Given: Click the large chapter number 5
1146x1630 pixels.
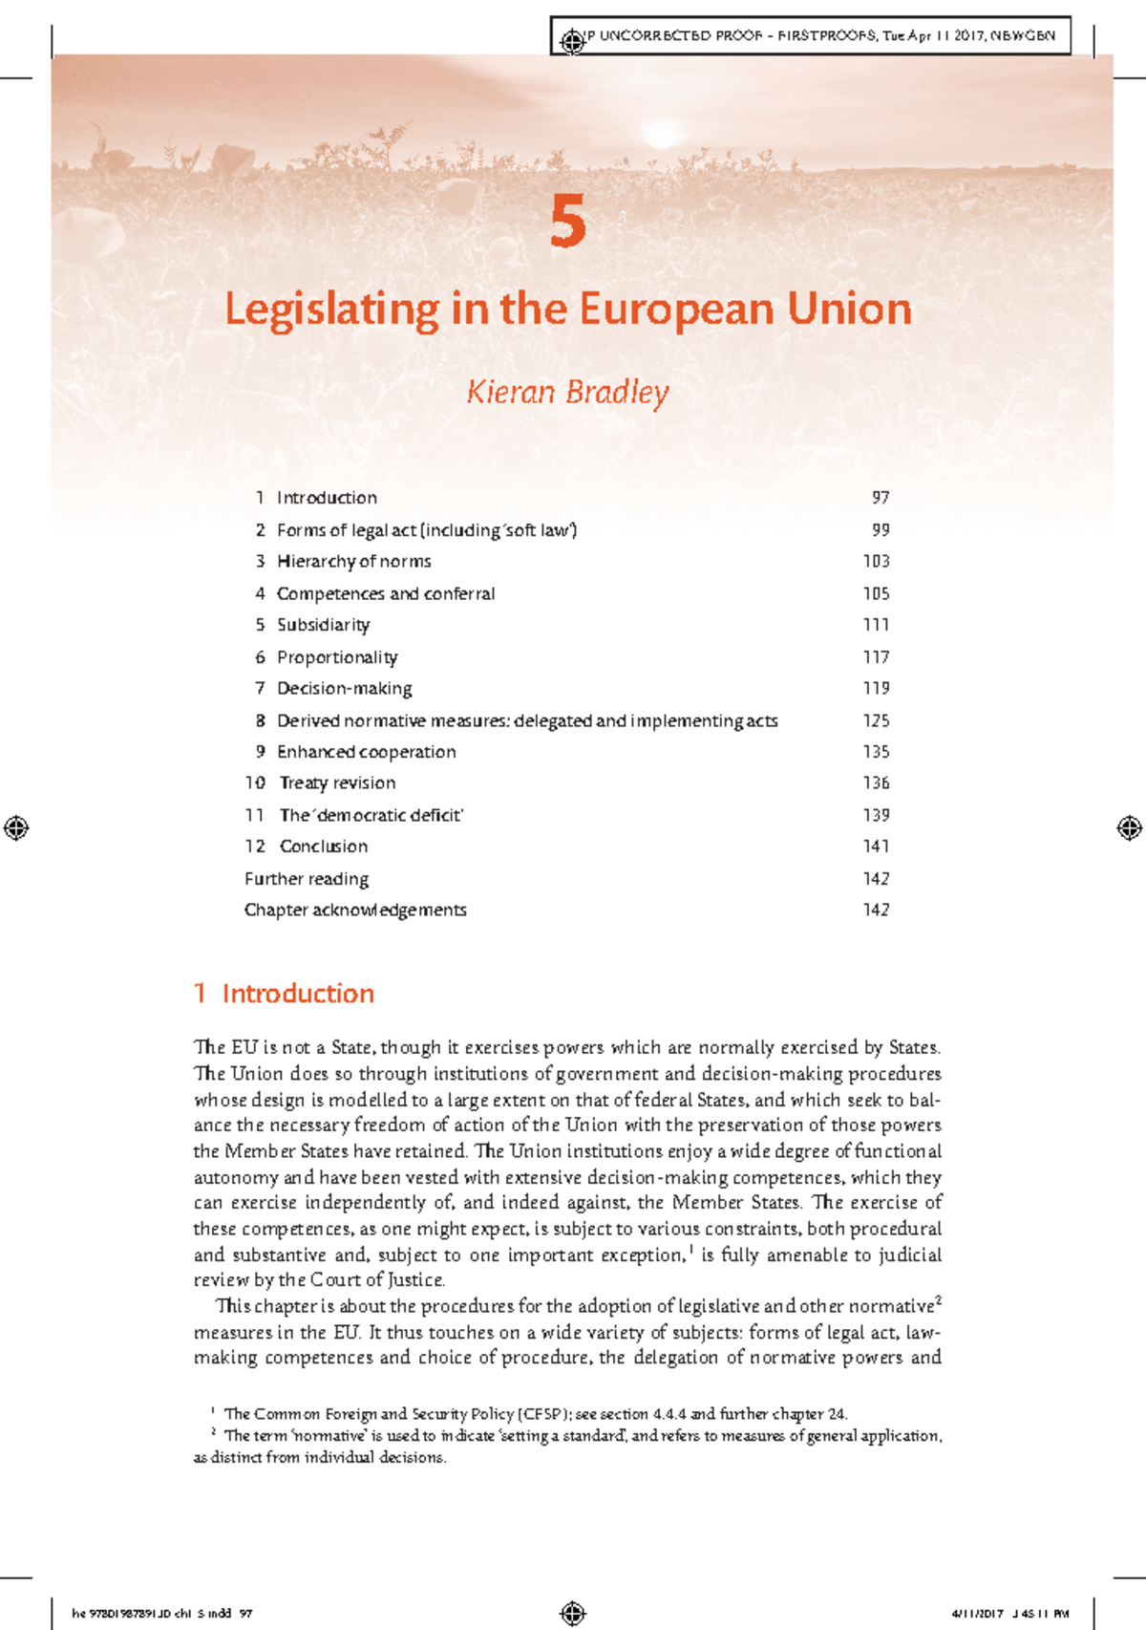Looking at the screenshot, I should (x=568, y=222).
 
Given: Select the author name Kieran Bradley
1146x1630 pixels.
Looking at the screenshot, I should (x=567, y=392).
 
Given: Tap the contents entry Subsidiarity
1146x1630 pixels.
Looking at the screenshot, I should (x=323, y=625).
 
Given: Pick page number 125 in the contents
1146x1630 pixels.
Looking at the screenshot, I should (x=876, y=720).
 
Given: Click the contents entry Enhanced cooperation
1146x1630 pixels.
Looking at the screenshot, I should (x=366, y=752).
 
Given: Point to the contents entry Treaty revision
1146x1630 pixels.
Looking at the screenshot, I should (x=337, y=783).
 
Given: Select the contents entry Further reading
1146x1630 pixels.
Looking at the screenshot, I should (x=307, y=879).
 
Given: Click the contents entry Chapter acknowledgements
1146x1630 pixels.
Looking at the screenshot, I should (x=355, y=910).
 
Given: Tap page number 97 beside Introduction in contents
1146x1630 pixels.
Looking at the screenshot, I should (x=881, y=498).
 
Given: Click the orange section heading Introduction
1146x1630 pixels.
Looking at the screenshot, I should (x=297, y=994).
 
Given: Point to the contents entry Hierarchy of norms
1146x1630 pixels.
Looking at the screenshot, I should (x=353, y=562).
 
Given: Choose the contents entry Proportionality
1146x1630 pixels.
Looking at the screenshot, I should (x=337, y=657).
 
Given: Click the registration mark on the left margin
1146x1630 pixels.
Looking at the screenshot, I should (x=16, y=827).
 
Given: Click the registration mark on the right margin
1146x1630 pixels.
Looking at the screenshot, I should (x=1129, y=827).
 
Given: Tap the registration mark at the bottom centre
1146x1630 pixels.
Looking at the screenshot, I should (x=573, y=1613).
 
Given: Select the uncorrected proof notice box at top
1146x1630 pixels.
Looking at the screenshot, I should (x=812, y=36).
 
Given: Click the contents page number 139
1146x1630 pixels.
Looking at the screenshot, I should (x=876, y=815).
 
